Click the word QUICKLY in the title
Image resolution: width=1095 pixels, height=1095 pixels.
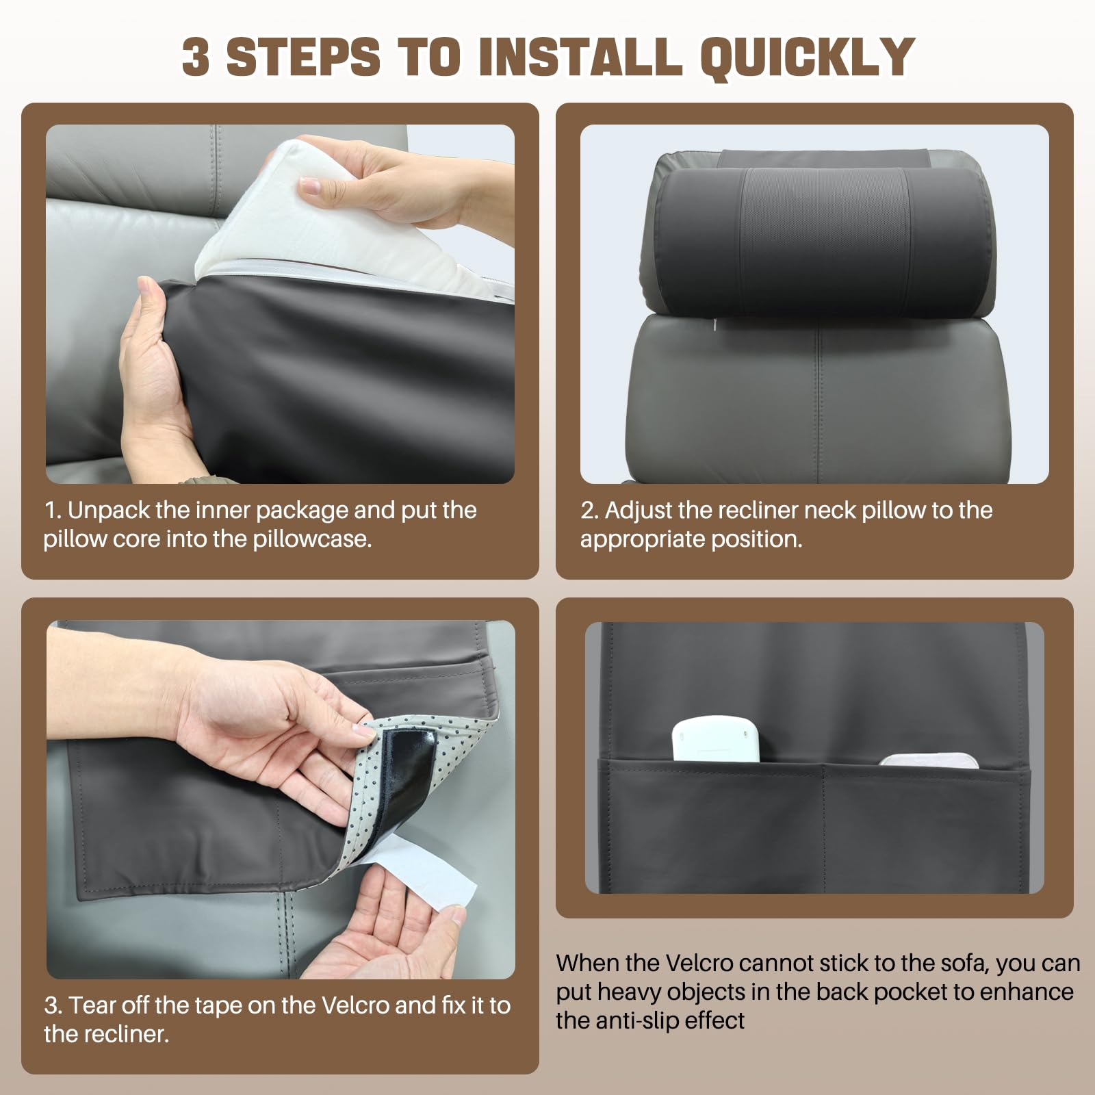[x=807, y=57]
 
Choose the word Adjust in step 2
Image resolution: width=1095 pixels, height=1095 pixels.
[x=636, y=511]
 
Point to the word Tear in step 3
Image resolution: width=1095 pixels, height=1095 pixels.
[x=94, y=1005]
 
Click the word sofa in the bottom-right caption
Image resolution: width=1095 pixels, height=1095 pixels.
[x=961, y=963]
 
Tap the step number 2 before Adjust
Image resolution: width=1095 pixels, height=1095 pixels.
[x=588, y=511]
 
